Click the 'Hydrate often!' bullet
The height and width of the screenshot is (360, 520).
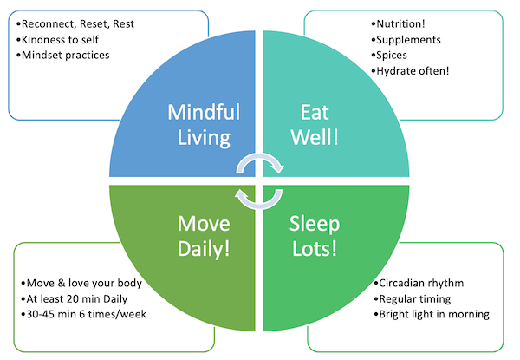click(412, 71)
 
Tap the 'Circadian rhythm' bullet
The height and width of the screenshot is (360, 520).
click(423, 284)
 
